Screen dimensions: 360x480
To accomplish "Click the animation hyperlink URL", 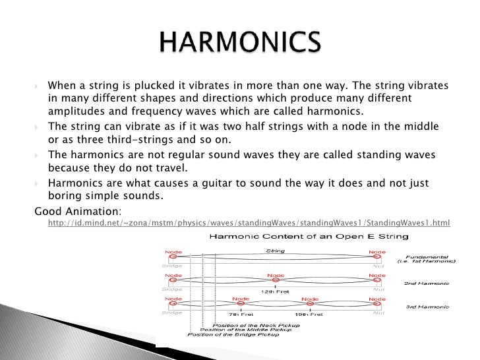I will point(249,224).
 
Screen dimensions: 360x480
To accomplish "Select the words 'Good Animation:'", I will point(78,211).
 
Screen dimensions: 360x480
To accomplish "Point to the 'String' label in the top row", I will point(275,251).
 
